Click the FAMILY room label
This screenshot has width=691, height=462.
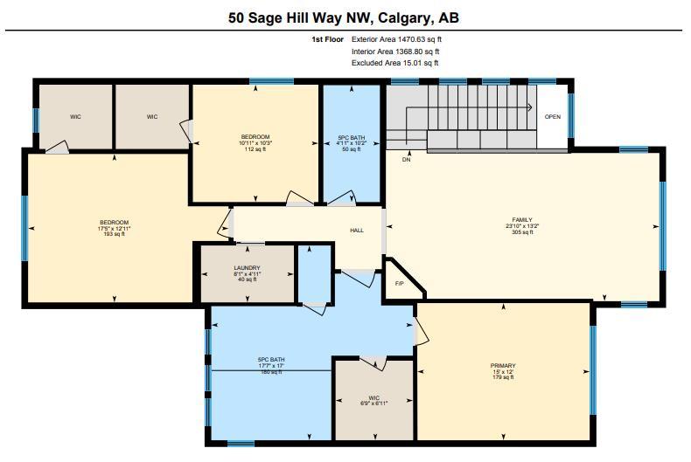click(522, 219)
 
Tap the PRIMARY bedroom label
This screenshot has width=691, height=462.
click(503, 366)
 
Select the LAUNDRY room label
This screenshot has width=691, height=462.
click(248, 268)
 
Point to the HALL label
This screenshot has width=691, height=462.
click(357, 230)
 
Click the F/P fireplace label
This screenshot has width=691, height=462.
click(399, 284)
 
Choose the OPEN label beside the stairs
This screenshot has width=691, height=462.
click(553, 117)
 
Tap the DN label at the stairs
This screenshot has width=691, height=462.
click(407, 160)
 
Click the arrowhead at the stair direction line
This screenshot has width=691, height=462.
click(530, 107)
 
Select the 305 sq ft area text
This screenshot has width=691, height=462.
click(522, 232)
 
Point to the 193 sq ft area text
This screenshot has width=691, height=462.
click(114, 234)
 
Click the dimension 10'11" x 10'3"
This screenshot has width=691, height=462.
click(255, 143)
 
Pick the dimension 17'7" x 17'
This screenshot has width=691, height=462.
click(271, 366)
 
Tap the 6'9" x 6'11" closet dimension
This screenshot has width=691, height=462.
click(374, 403)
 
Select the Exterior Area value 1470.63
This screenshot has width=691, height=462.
click(412, 39)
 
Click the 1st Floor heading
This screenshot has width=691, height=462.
click(327, 39)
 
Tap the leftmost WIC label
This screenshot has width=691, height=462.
click(75, 117)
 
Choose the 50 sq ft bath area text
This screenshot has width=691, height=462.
click(352, 149)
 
